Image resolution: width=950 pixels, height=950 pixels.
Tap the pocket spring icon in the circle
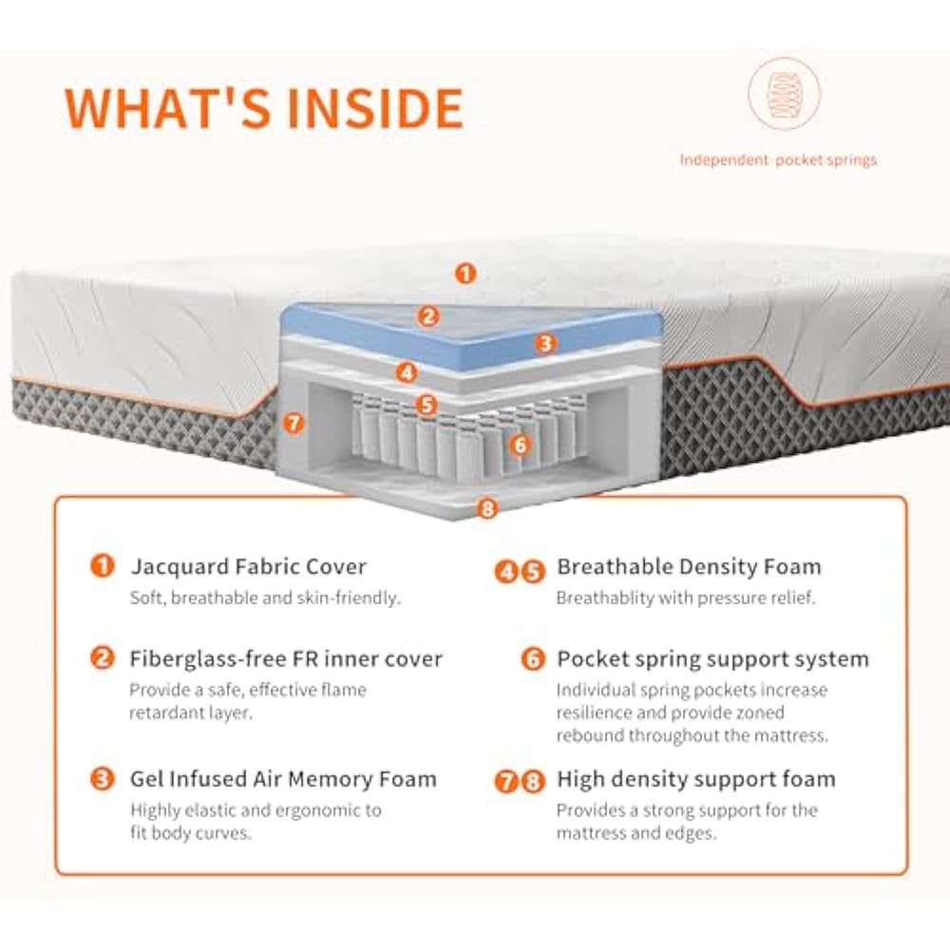click(x=785, y=94)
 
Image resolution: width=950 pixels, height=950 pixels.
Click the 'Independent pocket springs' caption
click(x=778, y=160)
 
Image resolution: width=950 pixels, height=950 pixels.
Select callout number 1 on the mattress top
click(x=465, y=274)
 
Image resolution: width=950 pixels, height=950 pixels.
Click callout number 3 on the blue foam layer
click(x=544, y=344)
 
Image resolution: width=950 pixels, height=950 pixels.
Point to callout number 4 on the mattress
click(x=408, y=372)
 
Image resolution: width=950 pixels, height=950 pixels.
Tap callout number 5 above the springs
click(x=427, y=404)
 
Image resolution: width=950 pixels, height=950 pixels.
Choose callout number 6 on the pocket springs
click(x=519, y=443)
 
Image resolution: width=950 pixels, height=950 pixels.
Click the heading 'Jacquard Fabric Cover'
click(x=248, y=567)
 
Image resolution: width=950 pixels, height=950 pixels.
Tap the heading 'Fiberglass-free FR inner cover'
click(x=286, y=658)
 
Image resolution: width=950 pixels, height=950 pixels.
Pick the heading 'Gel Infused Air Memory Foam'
click(x=283, y=779)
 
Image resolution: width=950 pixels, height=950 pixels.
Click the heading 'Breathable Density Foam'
click(x=689, y=567)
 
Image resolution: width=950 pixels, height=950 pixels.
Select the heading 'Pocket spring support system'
click(x=712, y=658)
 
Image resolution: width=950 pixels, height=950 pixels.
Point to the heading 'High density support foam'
click(x=696, y=779)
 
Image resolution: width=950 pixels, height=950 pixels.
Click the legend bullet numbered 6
click(x=534, y=659)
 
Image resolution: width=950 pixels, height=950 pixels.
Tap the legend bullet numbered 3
click(x=102, y=780)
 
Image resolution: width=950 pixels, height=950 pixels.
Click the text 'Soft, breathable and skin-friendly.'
click(x=265, y=598)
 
